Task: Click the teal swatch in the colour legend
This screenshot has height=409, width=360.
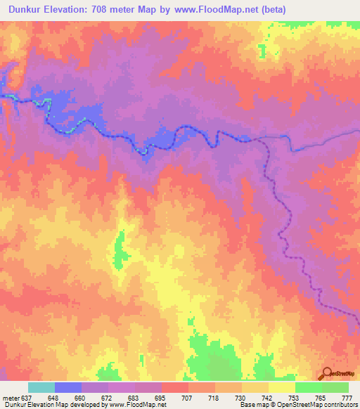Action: point(41,387)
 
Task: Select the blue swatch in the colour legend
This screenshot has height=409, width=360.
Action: point(67,387)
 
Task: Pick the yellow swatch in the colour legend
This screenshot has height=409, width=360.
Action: point(281,387)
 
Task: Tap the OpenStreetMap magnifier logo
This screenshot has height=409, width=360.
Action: point(326,375)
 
